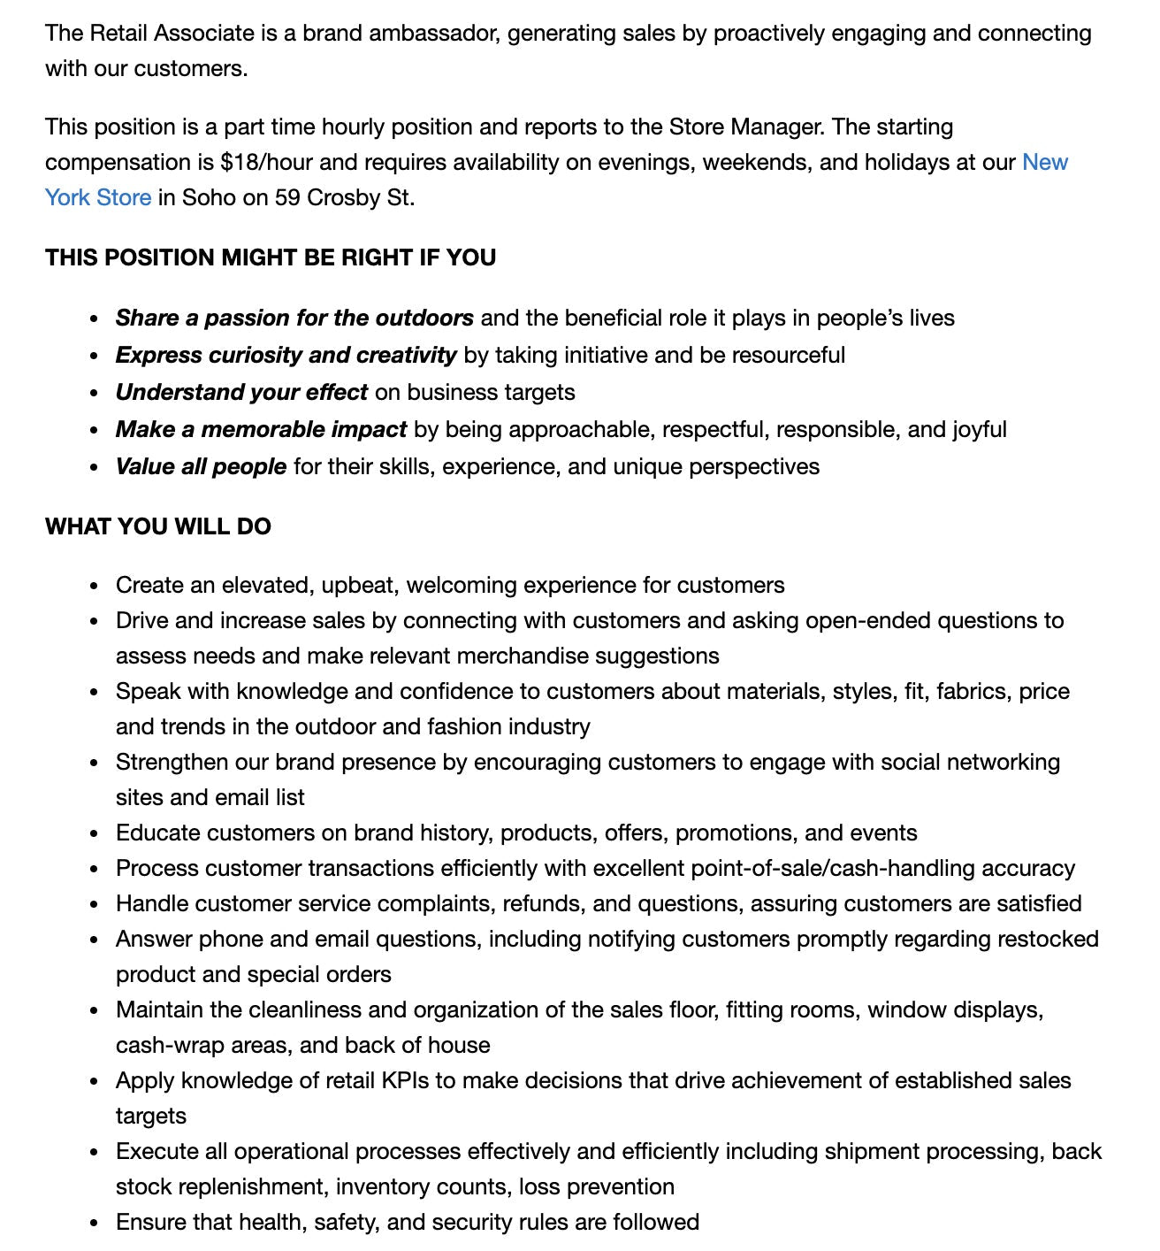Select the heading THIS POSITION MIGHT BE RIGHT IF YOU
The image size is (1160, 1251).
(x=271, y=257)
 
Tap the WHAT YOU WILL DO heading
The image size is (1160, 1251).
(x=158, y=526)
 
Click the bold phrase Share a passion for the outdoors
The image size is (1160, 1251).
(x=294, y=319)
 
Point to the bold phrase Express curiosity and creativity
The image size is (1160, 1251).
(x=286, y=356)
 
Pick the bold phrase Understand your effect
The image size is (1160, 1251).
(x=241, y=393)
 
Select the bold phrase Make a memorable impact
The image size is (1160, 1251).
(x=261, y=430)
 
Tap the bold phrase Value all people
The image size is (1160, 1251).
(x=201, y=467)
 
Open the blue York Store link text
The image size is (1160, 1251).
(x=98, y=198)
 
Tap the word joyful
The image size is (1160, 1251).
(x=979, y=430)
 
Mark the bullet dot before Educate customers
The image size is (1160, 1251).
(x=95, y=834)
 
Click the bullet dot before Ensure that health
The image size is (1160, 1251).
(x=95, y=1224)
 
